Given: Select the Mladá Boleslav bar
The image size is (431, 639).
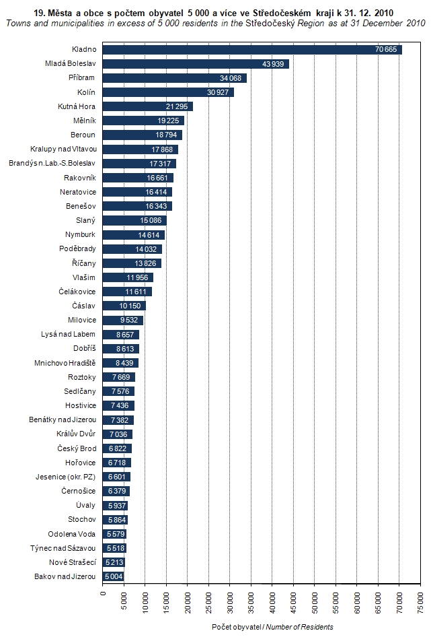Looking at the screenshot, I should click(196, 64).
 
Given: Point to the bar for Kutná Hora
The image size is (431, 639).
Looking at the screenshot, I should click(148, 106).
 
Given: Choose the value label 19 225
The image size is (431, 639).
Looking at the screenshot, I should click(169, 121).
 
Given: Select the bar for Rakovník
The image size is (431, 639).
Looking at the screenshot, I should click(138, 178).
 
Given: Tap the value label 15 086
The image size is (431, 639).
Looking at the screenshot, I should click(152, 220).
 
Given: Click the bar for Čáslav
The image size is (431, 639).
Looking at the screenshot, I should click(124, 306).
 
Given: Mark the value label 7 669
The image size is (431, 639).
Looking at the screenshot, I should click(122, 377).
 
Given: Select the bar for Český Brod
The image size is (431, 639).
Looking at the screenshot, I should click(117, 448).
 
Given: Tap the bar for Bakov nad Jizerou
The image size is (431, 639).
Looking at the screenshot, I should click(114, 577).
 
